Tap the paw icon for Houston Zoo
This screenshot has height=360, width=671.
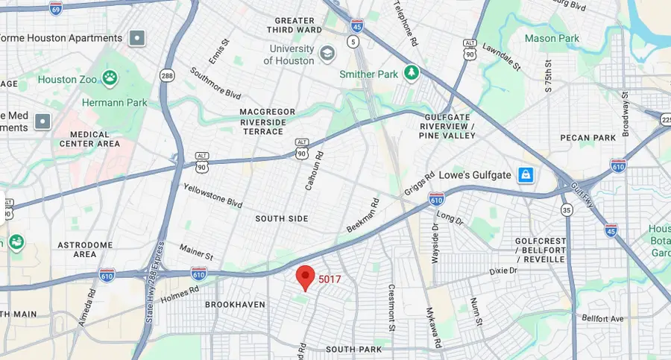click(x=110, y=77)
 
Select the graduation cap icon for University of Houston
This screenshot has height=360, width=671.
click(x=327, y=53)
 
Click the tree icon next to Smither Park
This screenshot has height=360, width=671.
click(x=410, y=73)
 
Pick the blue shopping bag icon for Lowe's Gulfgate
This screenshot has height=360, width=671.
click(x=526, y=175)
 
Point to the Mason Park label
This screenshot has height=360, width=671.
click(x=552, y=38)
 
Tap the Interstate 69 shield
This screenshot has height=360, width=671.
click(x=56, y=8)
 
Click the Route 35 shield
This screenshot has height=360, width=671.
click(x=567, y=210)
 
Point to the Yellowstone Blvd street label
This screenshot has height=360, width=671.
click(x=213, y=197)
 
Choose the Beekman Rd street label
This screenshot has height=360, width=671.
click(x=365, y=214)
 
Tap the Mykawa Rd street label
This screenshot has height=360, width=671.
click(x=430, y=327)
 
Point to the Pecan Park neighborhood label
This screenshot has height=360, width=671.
click(x=590, y=138)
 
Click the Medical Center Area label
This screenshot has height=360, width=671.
click(x=95, y=139)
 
